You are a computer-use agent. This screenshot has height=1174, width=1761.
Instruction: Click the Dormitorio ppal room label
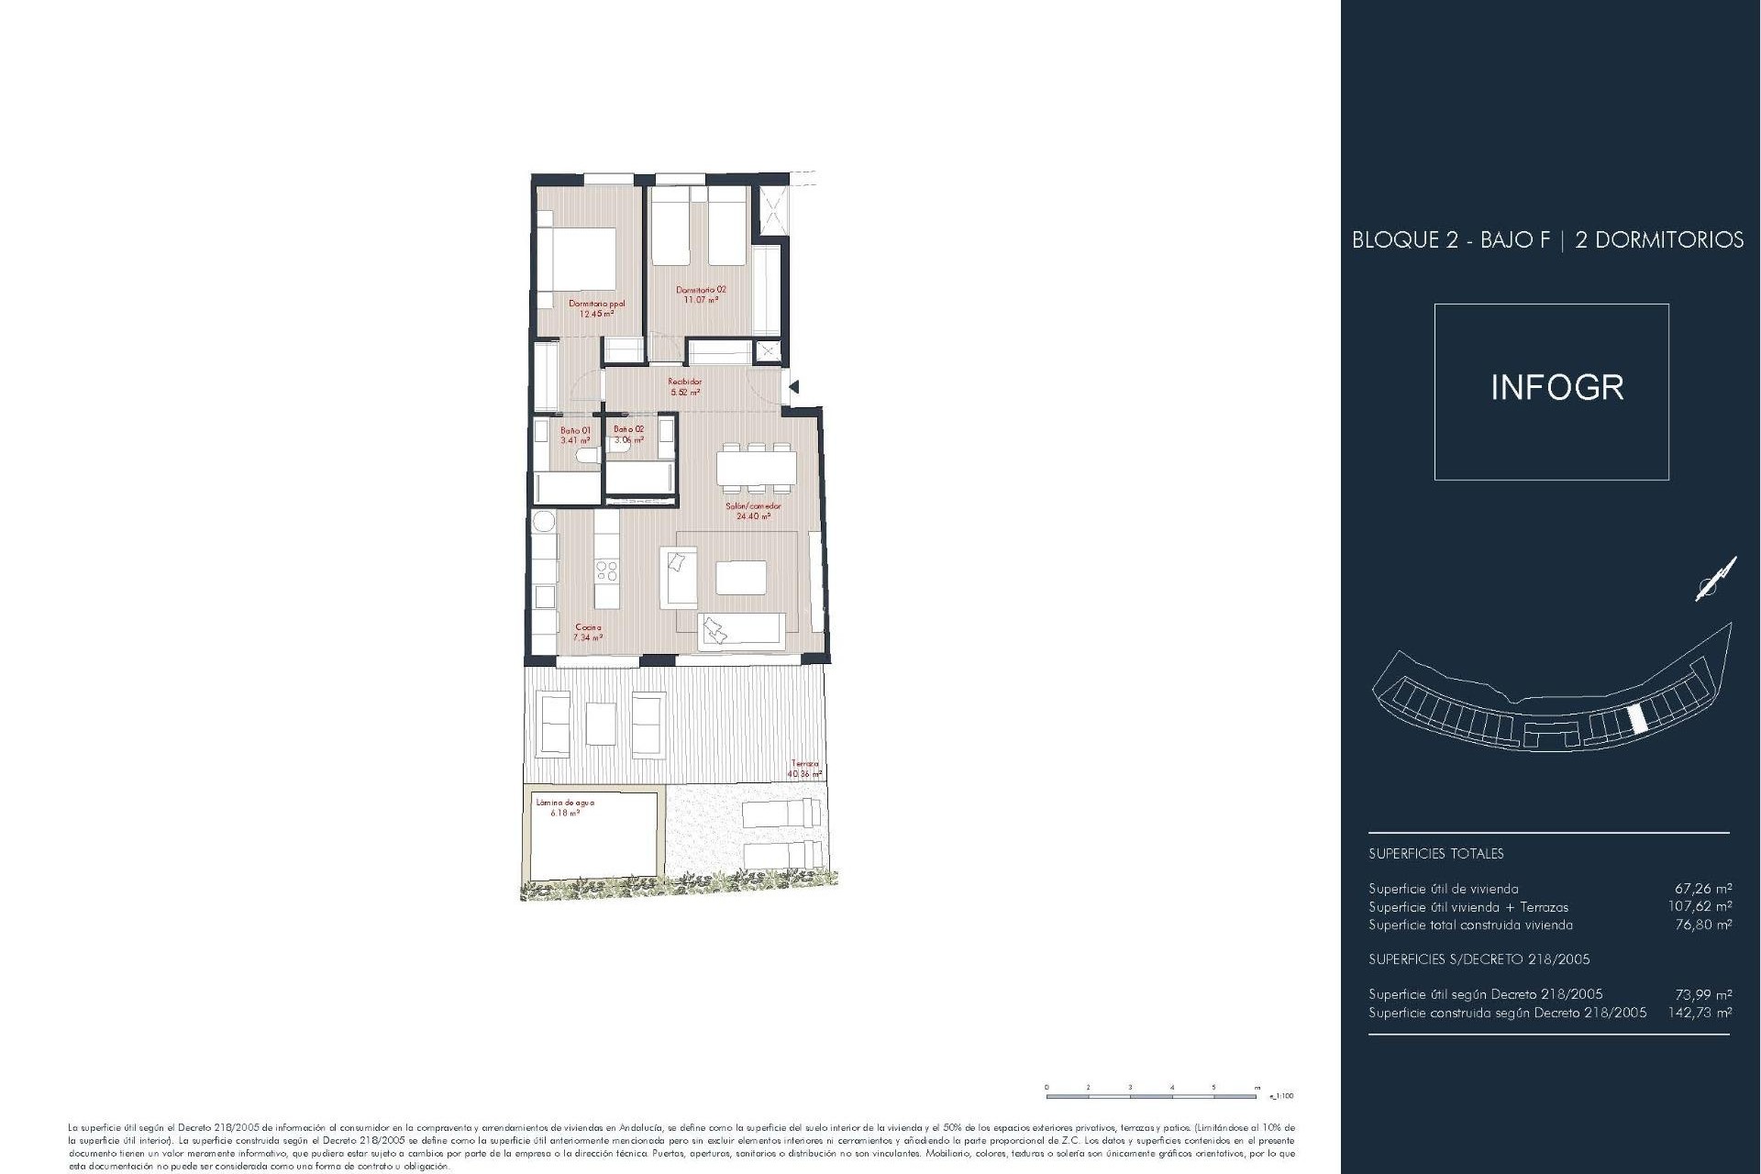tap(596, 308)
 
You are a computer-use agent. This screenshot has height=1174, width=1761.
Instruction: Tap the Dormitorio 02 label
tap(701, 293)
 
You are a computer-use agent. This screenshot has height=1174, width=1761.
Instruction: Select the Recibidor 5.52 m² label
tap(685, 386)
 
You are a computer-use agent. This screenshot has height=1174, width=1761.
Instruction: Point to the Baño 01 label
tap(575, 435)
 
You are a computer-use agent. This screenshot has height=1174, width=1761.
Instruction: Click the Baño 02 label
tap(628, 434)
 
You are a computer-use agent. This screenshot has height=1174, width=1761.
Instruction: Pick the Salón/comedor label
tap(753, 510)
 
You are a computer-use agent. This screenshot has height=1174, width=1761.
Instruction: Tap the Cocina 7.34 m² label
tap(588, 632)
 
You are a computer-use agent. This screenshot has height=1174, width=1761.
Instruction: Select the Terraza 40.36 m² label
tap(804, 769)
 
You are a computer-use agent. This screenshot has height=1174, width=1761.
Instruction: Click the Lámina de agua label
tap(565, 807)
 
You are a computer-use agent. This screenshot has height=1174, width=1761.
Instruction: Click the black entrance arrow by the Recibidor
tap(794, 387)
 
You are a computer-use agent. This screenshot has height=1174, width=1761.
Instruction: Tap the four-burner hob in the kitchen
tap(606, 571)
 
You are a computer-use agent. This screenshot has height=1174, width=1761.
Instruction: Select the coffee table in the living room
tap(741, 578)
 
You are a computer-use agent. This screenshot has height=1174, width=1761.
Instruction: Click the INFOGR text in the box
tap(1556, 388)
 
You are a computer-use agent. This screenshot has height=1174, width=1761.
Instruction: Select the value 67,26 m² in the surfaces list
tap(1703, 888)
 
